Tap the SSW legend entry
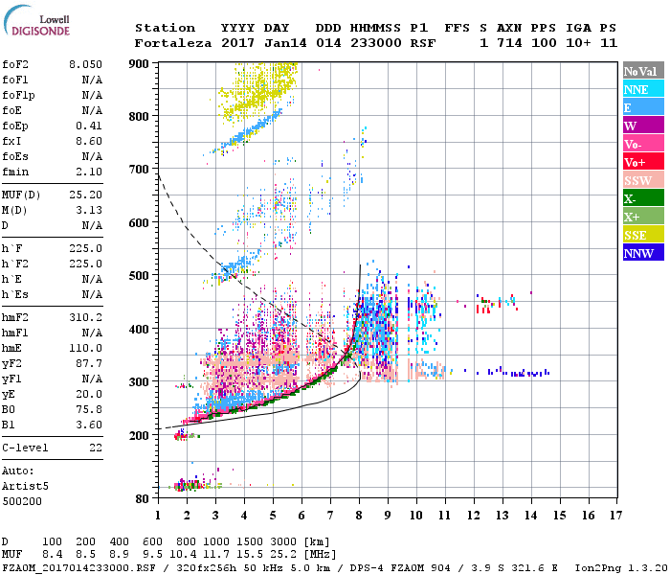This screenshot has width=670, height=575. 637,180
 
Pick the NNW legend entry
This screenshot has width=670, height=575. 638,253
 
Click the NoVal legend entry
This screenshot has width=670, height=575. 639,71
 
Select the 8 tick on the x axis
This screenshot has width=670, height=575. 359,516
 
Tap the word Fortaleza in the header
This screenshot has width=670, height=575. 167,43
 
